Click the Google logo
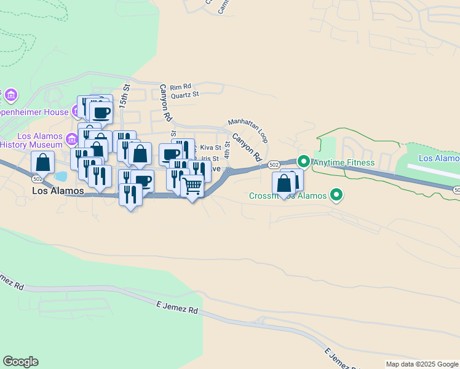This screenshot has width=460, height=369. click(20, 362)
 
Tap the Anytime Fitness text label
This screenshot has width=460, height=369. click(343, 162)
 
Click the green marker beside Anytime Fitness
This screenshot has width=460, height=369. click(304, 162)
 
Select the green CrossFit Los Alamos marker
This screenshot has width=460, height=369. click(336, 196)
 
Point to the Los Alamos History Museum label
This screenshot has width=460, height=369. click(31, 140)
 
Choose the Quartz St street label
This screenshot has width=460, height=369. click(185, 95)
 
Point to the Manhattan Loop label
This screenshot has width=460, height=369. click(248, 130)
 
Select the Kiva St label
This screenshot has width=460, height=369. click(210, 148)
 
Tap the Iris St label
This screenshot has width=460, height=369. click(210, 159)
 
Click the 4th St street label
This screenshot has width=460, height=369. click(227, 149)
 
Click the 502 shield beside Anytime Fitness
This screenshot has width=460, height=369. click(274, 164)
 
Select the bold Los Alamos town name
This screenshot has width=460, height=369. click(58, 191)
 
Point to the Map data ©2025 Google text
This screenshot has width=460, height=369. click(422, 364)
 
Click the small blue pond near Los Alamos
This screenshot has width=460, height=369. click(60, 177)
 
